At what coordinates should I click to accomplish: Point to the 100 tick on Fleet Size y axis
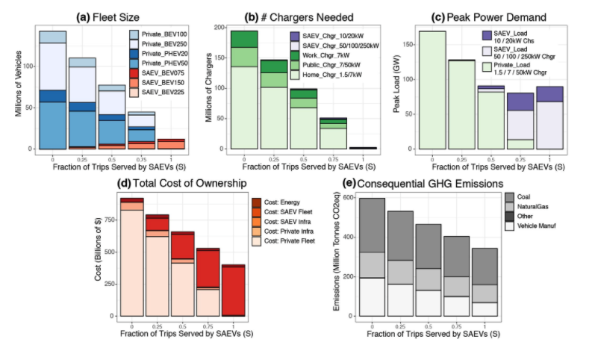pos(28,66)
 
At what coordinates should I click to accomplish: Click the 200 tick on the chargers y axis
pos(219,28)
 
